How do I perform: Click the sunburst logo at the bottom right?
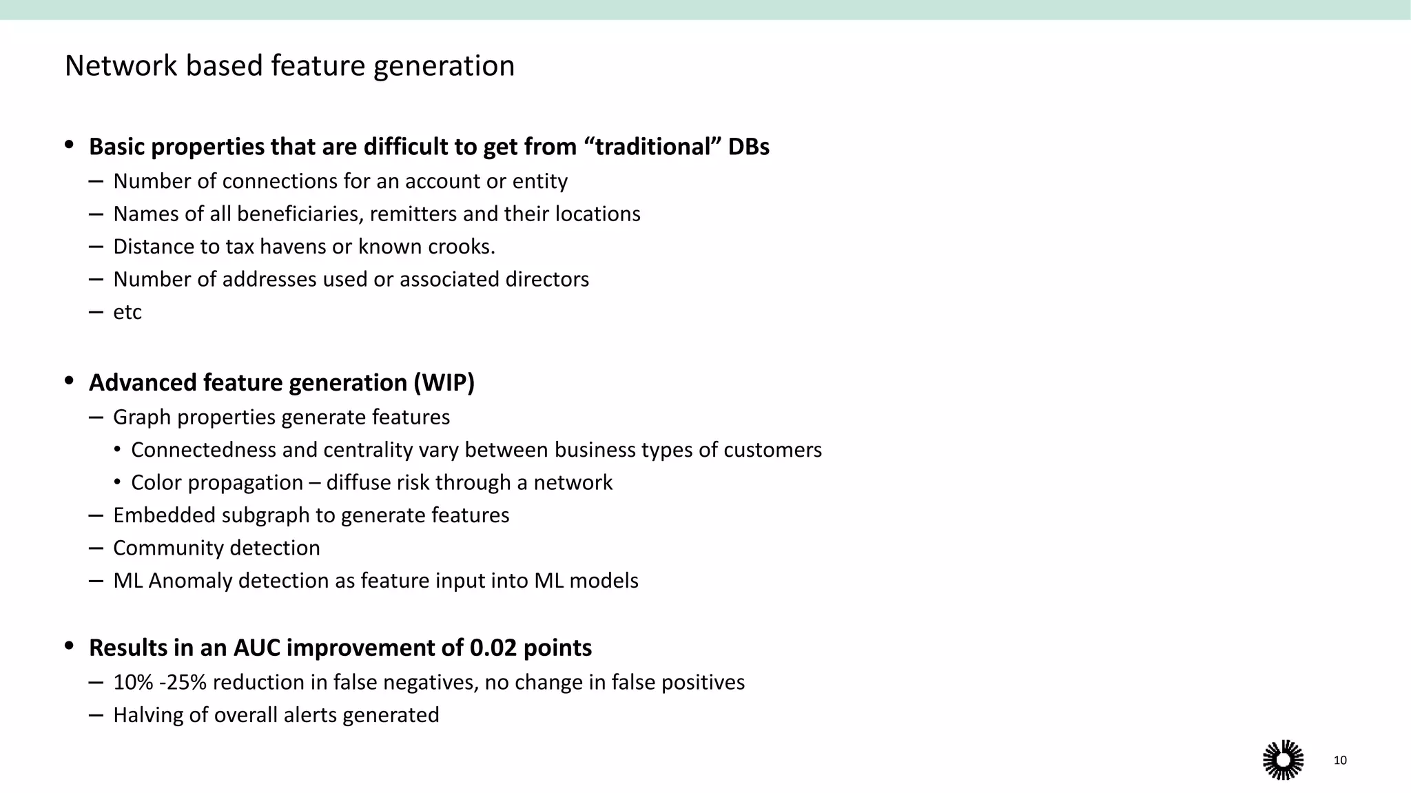1283,760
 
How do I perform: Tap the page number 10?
1340,760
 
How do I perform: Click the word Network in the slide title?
121,66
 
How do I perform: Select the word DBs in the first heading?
748,147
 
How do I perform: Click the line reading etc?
127,312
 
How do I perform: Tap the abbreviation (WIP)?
444,383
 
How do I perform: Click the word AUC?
256,648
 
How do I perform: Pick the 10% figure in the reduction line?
133,682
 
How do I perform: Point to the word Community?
167,548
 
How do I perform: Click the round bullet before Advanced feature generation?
69,381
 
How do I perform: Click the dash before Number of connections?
96,182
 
